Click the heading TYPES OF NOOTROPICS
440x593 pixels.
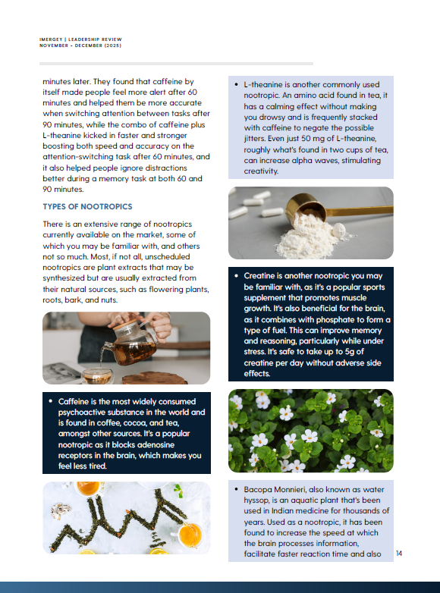click(87, 206)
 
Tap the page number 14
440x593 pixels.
click(399, 554)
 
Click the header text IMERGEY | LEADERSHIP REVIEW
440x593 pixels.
click(80, 39)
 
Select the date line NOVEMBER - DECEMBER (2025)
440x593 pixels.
click(80, 45)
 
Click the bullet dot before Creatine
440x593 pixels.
click(237, 276)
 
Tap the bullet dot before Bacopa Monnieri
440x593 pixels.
click(237, 489)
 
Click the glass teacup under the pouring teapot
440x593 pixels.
click(97, 375)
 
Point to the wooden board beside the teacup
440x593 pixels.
click(154, 378)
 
